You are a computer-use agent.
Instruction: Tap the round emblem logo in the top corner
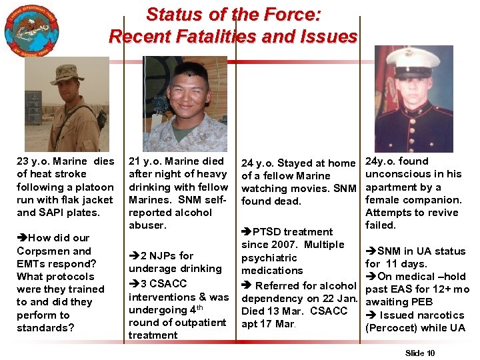point(31,31)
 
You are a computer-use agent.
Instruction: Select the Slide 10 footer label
point(420,351)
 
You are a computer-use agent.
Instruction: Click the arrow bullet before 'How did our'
point(22,238)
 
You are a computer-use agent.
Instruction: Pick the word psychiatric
point(269,257)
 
